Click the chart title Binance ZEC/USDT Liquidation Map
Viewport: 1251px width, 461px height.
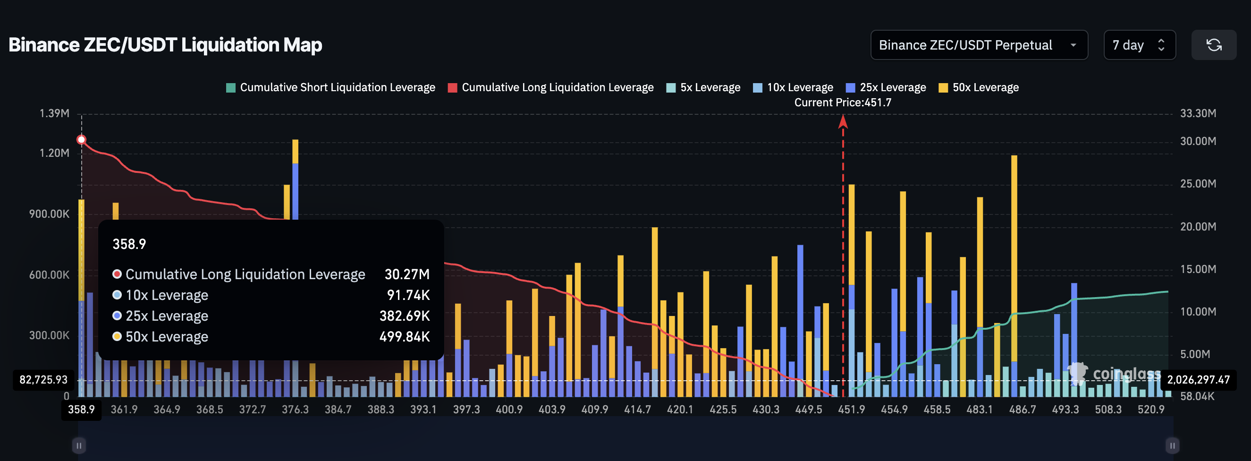165,45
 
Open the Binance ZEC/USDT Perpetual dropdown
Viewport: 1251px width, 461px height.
978,45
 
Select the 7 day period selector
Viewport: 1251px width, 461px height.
1138,45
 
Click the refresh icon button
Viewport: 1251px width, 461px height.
1214,45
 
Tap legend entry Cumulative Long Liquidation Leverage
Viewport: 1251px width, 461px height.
551,87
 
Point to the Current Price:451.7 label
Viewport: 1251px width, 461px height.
843,102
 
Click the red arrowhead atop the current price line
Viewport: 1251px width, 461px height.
843,121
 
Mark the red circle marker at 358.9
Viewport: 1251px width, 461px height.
82,140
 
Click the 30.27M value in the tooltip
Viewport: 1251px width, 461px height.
407,274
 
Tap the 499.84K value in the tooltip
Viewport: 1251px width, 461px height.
405,337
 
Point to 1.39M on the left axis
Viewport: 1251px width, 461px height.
54,113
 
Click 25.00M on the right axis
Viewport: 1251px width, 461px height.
1198,184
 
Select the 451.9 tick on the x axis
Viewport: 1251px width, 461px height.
851,410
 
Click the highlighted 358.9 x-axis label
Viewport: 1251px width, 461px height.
81,410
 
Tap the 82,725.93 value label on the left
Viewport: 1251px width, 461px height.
43,380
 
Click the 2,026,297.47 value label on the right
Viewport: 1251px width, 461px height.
1198,380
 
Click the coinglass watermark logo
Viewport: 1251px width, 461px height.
1115,374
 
